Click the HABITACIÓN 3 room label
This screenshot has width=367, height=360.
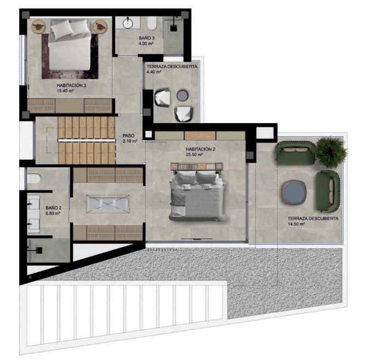(71, 85)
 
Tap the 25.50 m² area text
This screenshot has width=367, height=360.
(194, 154)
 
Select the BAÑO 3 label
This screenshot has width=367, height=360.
(146, 38)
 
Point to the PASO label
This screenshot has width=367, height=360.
(129, 136)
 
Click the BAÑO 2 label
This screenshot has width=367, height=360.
(53, 208)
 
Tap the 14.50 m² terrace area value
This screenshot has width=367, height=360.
(296, 224)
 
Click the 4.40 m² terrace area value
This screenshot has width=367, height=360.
(154, 72)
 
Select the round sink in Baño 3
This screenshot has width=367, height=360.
(128, 23)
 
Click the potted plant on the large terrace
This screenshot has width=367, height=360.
(331, 152)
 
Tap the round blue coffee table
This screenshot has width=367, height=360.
(294, 192)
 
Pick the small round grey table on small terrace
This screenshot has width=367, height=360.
(182, 95)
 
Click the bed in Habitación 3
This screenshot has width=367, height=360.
(70, 45)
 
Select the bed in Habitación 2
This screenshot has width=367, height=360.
(197, 195)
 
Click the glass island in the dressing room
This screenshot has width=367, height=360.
(107, 204)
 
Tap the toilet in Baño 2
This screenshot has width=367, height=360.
(33, 179)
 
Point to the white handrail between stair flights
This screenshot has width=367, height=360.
(87, 140)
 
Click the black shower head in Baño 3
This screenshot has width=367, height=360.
(174, 28)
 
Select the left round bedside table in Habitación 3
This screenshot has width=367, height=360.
(38, 26)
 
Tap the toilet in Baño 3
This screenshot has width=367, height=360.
(152, 24)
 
